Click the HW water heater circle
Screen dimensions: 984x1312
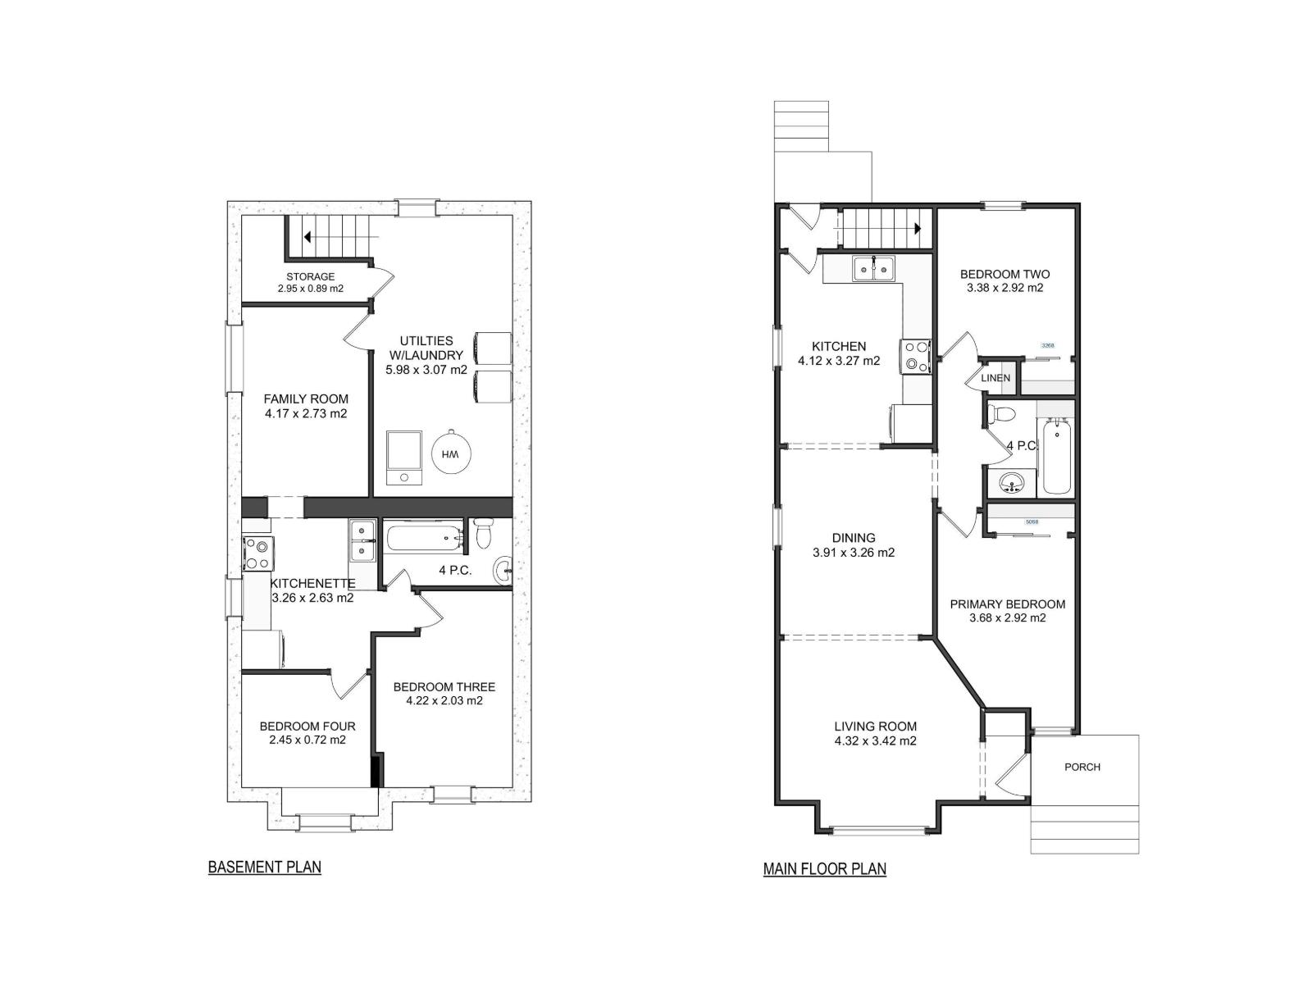coord(450,453)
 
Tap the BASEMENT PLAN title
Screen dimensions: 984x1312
coord(264,867)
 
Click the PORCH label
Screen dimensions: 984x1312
coord(1082,768)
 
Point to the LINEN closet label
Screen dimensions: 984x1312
coord(995,378)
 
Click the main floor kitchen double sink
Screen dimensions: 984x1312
coord(874,268)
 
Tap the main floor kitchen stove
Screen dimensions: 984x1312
coord(915,357)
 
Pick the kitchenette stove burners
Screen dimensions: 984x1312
coord(257,553)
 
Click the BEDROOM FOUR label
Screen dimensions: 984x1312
coord(307,727)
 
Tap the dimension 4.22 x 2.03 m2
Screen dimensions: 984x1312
coord(444,701)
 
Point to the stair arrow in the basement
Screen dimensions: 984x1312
coord(308,238)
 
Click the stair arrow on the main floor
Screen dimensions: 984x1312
coord(918,229)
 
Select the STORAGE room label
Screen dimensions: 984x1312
coord(310,277)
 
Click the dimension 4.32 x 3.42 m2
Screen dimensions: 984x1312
coord(875,740)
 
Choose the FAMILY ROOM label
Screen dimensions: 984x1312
coord(306,399)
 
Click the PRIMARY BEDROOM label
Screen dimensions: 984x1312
coord(1007,604)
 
